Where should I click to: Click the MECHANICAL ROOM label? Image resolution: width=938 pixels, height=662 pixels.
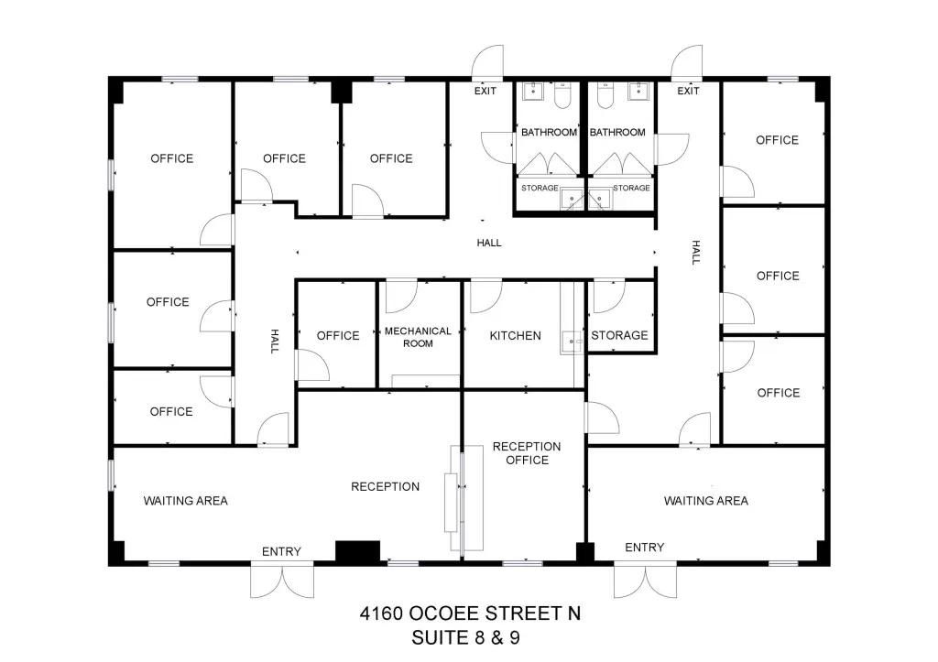pyautogui.click(x=418, y=337)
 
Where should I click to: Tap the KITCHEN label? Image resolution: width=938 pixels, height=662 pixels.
pyautogui.click(x=515, y=336)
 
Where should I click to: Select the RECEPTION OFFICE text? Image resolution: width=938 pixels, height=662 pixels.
pyautogui.click(x=527, y=453)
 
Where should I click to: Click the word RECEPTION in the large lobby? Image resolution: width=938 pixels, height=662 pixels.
pyautogui.click(x=386, y=487)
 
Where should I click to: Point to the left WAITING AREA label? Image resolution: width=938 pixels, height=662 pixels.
pyautogui.click(x=185, y=501)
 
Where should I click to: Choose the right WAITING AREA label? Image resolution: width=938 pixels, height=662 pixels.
pyautogui.click(x=706, y=501)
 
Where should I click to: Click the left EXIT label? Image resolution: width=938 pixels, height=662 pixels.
pyautogui.click(x=485, y=91)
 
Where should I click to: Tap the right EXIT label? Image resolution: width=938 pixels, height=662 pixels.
pyautogui.click(x=688, y=91)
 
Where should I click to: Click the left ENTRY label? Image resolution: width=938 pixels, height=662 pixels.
pyautogui.click(x=281, y=551)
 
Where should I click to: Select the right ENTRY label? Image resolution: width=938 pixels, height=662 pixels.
pyautogui.click(x=644, y=548)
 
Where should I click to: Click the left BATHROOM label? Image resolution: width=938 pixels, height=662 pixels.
pyautogui.click(x=550, y=132)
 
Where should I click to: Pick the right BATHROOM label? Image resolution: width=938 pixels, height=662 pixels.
pyautogui.click(x=617, y=132)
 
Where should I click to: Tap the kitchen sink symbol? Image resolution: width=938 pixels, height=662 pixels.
pyautogui.click(x=573, y=342)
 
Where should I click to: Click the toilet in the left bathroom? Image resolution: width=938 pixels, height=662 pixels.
pyautogui.click(x=563, y=95)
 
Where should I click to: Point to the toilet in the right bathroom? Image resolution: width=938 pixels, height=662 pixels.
pyautogui.click(x=605, y=95)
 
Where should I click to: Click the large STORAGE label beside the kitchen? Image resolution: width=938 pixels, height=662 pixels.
pyautogui.click(x=619, y=335)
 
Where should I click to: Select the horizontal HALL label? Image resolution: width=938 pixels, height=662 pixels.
pyautogui.click(x=489, y=243)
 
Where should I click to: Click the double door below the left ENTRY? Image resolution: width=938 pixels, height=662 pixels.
pyautogui.click(x=282, y=581)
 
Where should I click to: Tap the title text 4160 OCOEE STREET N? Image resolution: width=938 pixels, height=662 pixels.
pyautogui.click(x=470, y=613)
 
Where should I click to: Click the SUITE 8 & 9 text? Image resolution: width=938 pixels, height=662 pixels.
pyautogui.click(x=465, y=638)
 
